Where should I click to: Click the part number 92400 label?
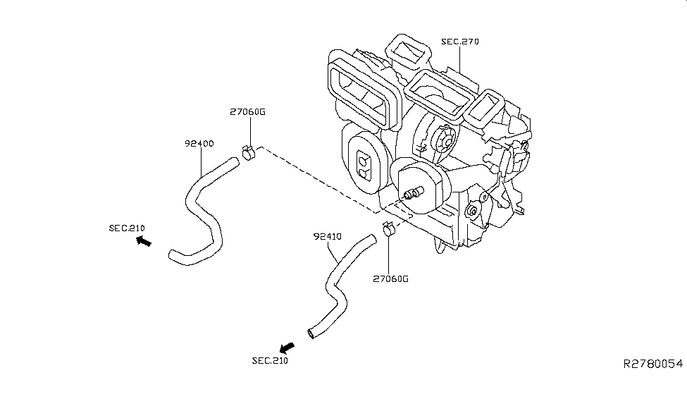[x=199, y=144]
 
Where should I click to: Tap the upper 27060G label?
[x=248, y=112]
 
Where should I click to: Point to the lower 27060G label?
[x=390, y=278]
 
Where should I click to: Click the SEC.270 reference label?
[x=460, y=42]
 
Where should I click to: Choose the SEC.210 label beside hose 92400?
[x=127, y=228]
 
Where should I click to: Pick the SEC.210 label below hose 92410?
[x=270, y=361]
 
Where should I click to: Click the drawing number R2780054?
[x=652, y=364]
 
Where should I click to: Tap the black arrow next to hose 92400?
[x=144, y=242]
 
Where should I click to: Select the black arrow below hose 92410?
[x=286, y=348]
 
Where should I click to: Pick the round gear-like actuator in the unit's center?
[x=445, y=140]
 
